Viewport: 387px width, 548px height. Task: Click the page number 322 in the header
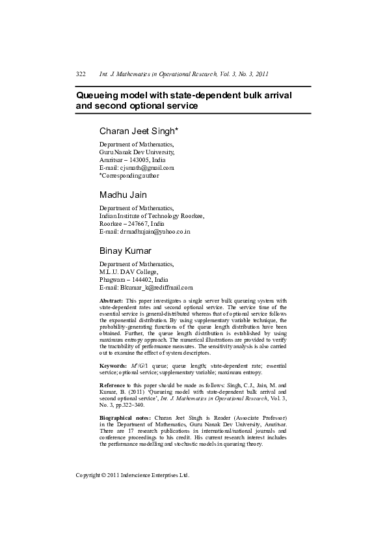tap(81, 74)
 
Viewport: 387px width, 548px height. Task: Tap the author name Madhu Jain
tap(123, 195)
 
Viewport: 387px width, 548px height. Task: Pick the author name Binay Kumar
tap(126, 251)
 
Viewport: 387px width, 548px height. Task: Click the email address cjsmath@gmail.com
tap(149, 167)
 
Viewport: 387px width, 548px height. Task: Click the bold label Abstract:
tap(111, 301)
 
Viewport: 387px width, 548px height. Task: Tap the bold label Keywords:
tap(113, 366)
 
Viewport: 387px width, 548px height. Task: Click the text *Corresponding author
tap(129, 175)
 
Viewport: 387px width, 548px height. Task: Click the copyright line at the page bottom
tap(132, 476)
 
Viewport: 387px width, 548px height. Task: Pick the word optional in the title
tap(143, 106)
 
